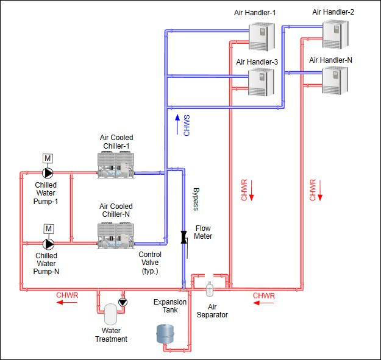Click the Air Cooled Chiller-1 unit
116,165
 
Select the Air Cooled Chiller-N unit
116,236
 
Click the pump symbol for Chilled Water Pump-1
48,174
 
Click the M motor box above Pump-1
48,158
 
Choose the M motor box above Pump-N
48,229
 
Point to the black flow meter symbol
183,236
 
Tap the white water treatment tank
110,314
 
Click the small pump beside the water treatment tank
124,302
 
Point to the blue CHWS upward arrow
177,119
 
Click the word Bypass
196,199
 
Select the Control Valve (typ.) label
149,263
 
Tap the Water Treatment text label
111,335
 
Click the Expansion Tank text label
166,306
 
